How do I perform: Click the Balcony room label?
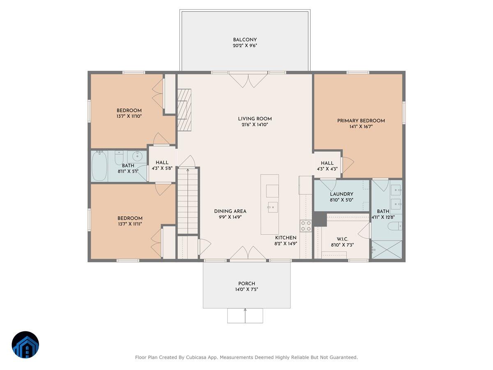[245, 40]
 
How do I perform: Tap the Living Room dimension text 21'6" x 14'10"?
[255, 125]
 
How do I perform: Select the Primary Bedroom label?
[361, 120]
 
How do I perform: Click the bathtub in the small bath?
[99, 166]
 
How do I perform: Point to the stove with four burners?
[305, 226]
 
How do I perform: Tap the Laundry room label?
[341, 194]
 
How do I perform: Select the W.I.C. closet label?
[342, 238]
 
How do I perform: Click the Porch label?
[246, 284]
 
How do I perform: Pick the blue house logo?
[25, 345]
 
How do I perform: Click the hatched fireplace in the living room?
[184, 110]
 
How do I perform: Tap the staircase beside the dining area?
[188, 201]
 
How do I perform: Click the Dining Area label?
[230, 211]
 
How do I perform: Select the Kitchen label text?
[286, 238]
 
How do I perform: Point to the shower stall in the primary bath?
[387, 250]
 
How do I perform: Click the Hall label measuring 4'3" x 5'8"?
[162, 163]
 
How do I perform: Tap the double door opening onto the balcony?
[248, 79]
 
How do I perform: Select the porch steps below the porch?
[245, 315]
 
